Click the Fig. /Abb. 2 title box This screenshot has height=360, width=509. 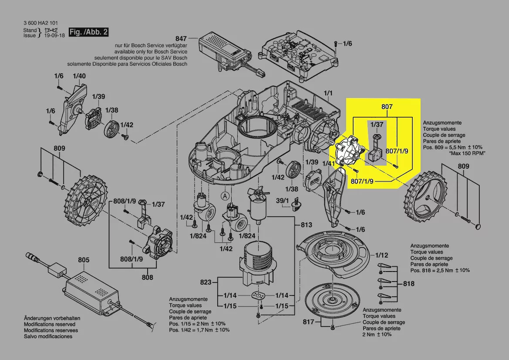pos(89,32)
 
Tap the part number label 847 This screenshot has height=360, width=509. pos(181,38)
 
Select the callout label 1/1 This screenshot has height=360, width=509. pos(328,93)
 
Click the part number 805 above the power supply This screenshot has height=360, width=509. pos(84,260)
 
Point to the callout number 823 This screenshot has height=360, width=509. pos(206,282)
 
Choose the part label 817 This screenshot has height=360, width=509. pos(308,322)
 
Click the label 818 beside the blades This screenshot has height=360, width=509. pos(409,284)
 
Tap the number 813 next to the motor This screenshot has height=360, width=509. pos(306,225)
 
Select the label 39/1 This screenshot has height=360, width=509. pos(282,201)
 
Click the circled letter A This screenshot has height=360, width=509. pos(225,196)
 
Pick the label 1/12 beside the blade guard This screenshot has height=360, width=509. pos(382,255)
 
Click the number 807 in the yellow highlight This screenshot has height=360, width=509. pos(387,107)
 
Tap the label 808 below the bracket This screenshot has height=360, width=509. pos(147,277)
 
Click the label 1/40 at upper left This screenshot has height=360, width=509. pos(79,76)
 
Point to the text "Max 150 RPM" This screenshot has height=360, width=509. pos(467,153)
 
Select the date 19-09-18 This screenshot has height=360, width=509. pos(54,35)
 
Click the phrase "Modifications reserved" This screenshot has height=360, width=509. pos(49,324)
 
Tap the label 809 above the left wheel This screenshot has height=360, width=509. pos(59,148)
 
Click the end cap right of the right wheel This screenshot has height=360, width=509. pos(478,226)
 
